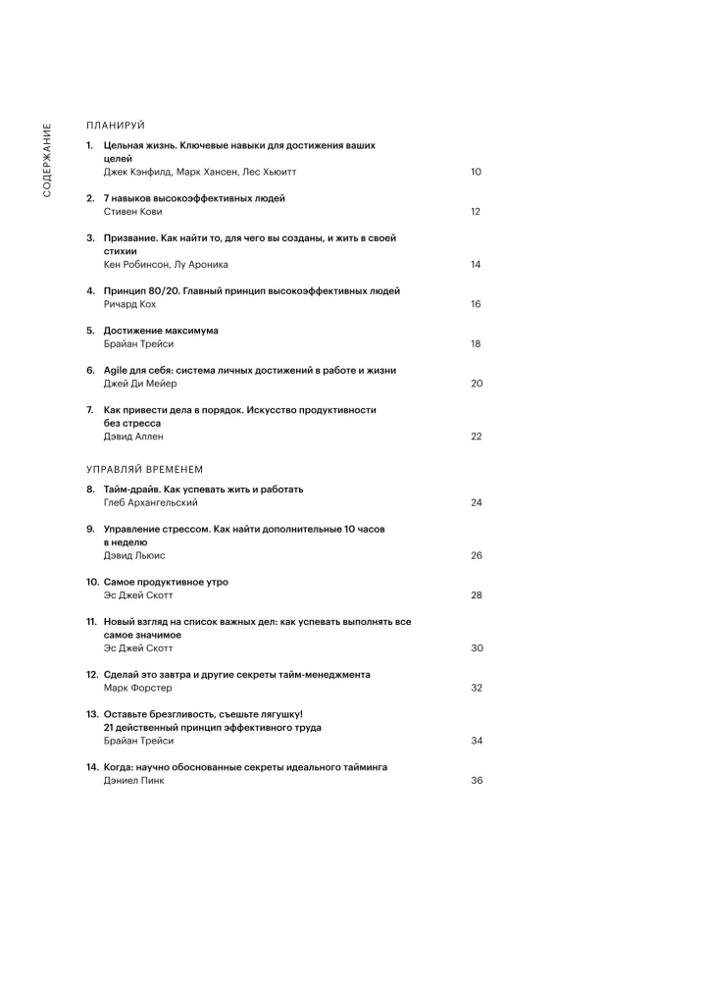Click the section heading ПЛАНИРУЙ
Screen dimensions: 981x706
pos(116,126)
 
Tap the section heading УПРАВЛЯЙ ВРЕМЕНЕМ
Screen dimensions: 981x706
pos(144,469)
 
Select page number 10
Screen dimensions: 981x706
pos(476,172)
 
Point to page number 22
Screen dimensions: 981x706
pos(476,437)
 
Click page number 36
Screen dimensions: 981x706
pos(476,781)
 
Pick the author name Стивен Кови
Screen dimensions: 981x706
pos(132,211)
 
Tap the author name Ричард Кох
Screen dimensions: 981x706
pos(129,304)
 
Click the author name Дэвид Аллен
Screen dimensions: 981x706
pos(133,437)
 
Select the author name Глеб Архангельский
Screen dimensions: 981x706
pos(150,502)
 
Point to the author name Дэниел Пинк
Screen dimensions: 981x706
pos(134,781)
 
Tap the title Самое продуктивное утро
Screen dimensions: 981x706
pos(166,582)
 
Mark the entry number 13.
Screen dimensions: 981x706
pos(92,714)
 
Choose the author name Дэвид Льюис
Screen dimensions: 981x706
pos(134,555)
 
